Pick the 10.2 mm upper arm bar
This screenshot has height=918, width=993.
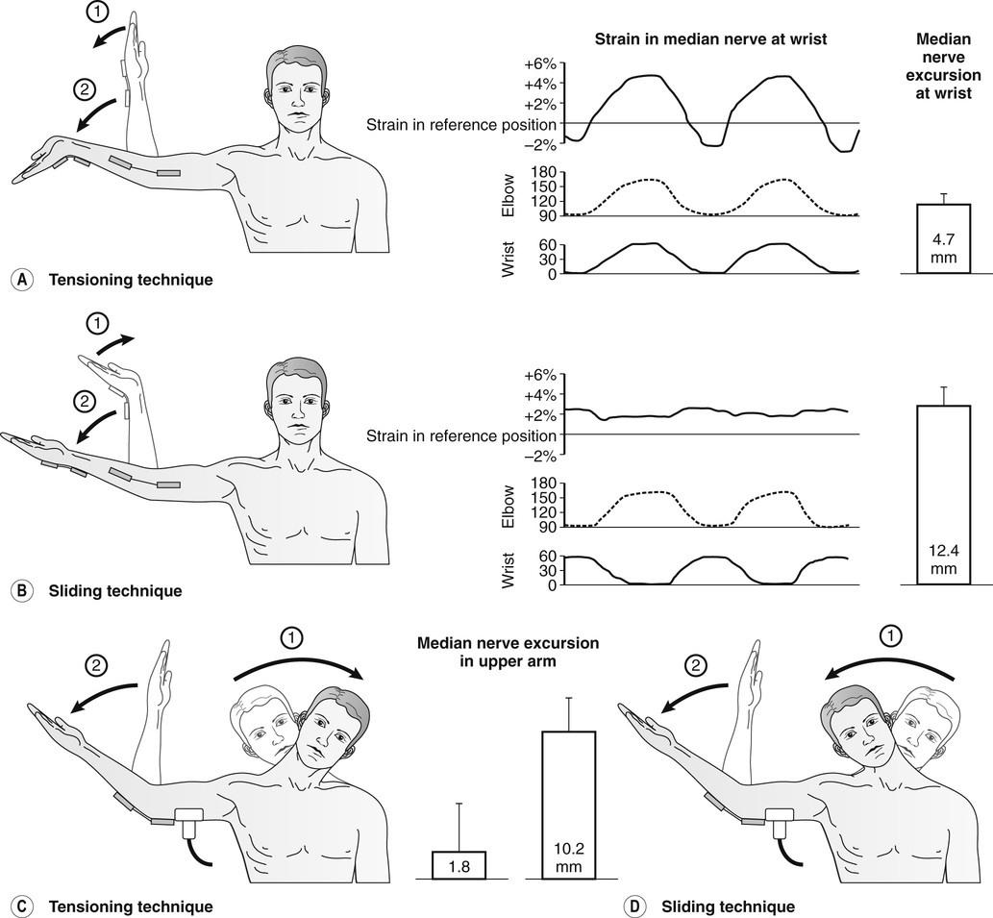(x=568, y=806)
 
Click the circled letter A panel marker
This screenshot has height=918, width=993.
(x=18, y=280)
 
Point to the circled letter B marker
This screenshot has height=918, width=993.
(x=18, y=590)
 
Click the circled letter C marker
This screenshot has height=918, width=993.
(x=18, y=906)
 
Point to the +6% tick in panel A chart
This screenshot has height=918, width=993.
(x=540, y=63)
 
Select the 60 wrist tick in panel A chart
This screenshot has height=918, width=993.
(x=546, y=245)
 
